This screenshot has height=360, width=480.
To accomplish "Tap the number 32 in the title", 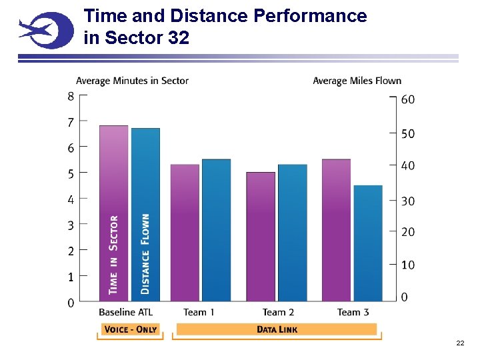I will (179, 38).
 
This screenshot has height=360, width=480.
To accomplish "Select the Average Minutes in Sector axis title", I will (132, 81).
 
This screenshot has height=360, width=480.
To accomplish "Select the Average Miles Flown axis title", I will (357, 81).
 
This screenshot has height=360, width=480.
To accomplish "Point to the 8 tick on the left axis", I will (71, 96).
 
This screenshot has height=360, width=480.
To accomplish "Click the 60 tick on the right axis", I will (407, 99).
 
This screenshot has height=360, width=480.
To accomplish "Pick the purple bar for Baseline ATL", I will (113, 213).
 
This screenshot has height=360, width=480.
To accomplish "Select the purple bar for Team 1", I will (185, 233).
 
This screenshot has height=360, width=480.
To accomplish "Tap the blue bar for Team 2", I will (292, 233).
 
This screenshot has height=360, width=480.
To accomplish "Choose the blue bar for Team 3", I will (368, 243).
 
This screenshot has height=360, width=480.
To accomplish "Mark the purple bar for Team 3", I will (336, 230).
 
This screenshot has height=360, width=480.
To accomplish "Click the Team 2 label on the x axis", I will (278, 312).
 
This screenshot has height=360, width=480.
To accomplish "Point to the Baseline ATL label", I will (125, 312).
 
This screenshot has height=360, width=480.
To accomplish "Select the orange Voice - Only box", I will (130, 329).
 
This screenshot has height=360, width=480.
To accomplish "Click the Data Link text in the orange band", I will (277, 329).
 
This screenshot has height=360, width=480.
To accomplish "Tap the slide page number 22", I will (460, 343).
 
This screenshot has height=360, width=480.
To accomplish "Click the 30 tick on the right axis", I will (407, 201).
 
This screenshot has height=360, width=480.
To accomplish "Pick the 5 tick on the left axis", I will (71, 173).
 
